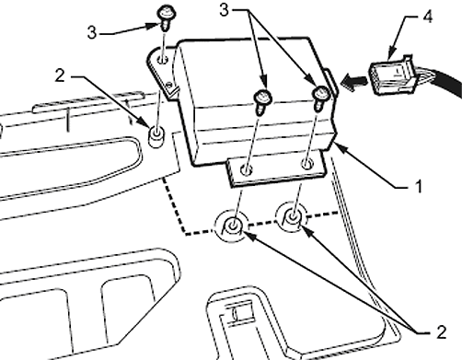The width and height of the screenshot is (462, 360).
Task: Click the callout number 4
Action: point(428,17)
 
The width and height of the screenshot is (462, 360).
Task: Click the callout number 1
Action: point(419,186)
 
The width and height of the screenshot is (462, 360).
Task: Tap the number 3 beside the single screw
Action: point(92,32)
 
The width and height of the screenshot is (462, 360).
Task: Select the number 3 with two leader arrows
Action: point(225,10)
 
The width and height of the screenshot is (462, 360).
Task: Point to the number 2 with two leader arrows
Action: point(441,332)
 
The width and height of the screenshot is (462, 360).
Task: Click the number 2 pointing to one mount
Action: point(60,75)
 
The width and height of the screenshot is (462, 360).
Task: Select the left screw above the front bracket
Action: point(262,101)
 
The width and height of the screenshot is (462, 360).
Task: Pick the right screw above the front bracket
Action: point(320,99)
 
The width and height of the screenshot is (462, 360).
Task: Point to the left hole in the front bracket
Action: point(246,169)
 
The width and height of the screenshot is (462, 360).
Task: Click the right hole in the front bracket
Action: point(307,164)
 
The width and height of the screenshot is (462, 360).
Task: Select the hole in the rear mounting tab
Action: point(163,59)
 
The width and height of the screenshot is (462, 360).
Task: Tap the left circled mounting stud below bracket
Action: point(232,226)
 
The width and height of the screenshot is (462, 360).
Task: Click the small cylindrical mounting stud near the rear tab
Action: point(156,136)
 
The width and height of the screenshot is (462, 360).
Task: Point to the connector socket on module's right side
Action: point(331,82)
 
